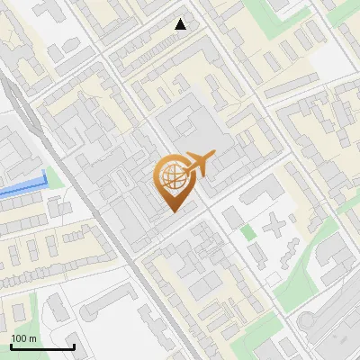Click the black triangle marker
[181, 24]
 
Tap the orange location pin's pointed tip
[174, 211]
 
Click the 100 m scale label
[23, 338]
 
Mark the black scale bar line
[41, 347]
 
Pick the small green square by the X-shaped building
[248, 231]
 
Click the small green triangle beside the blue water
[53, 177]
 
